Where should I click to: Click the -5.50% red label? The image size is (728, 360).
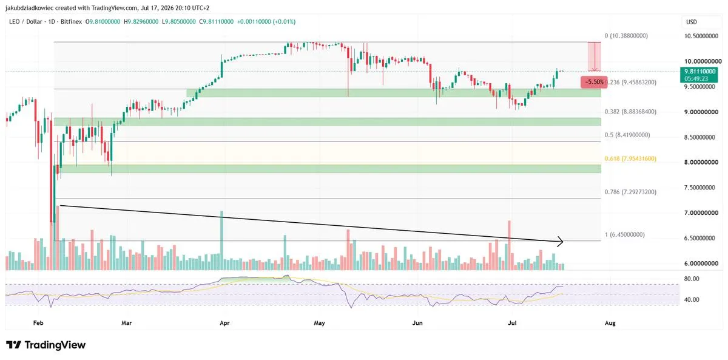pyautogui.click(x=594, y=82)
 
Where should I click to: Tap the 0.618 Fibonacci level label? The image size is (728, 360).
pyautogui.click(x=630, y=158)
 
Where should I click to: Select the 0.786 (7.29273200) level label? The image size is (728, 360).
pyautogui.click(x=630, y=192)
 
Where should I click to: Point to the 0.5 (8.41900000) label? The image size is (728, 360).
pyautogui.click(x=627, y=135)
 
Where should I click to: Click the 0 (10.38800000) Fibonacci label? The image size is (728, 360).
pyautogui.click(x=626, y=36)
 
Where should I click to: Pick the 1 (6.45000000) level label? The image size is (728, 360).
pyautogui.click(x=624, y=234)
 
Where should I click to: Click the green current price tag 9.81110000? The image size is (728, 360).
pyautogui.click(x=699, y=75)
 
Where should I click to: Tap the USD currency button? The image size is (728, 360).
pyautogui.click(x=691, y=22)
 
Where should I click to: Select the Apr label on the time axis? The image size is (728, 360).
pyautogui.click(x=224, y=323)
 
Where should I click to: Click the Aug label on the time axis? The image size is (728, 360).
pyautogui.click(x=610, y=323)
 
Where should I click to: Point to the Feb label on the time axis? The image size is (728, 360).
pyautogui.click(x=38, y=323)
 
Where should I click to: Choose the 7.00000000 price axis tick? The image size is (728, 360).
pyautogui.click(x=701, y=213)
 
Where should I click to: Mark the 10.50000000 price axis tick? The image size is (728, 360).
pyautogui.click(x=701, y=36)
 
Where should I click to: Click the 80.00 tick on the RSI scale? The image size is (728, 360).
pyautogui.click(x=691, y=279)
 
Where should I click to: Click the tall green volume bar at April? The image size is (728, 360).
pyautogui.click(x=221, y=240)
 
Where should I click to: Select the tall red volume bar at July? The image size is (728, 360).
pyautogui.click(x=509, y=245)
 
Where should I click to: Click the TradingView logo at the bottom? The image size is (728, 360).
pyautogui.click(x=46, y=345)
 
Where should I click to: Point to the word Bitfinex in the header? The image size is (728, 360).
pyautogui.click(x=71, y=22)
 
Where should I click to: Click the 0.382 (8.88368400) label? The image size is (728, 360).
pyautogui.click(x=630, y=112)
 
